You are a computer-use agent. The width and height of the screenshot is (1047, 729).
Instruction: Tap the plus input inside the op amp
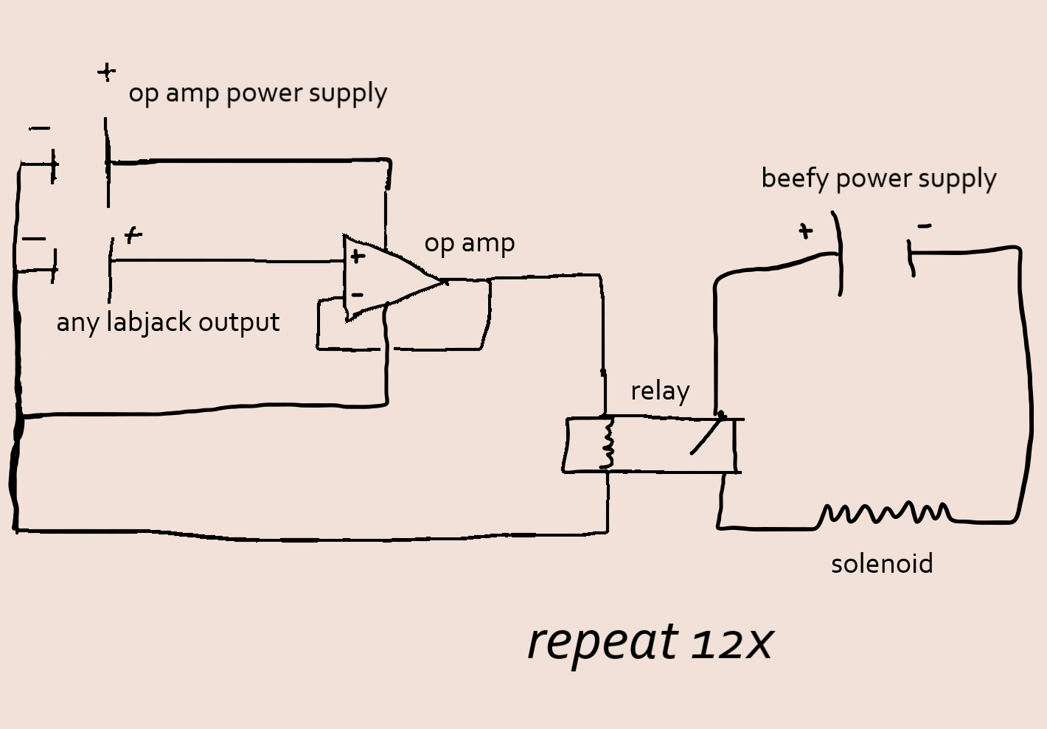tap(358, 257)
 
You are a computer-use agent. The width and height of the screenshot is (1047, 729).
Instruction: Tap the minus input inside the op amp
tap(358, 295)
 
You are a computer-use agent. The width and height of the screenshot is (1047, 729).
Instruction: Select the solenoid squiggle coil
tap(885, 512)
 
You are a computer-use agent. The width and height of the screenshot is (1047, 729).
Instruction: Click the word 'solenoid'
tap(882, 564)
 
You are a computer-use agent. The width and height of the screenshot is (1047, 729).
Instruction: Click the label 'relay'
tap(660, 391)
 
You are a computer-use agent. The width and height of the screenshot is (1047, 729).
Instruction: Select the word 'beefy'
tap(795, 179)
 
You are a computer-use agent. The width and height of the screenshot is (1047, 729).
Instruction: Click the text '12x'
tap(732, 642)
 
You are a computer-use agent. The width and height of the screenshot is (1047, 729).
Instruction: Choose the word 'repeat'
tap(602, 643)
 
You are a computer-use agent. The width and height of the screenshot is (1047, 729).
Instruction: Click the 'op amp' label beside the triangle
tap(469, 243)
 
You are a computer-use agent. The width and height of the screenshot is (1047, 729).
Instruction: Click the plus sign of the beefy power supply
tap(805, 231)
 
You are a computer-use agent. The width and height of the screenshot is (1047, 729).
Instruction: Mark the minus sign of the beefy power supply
tap(924, 226)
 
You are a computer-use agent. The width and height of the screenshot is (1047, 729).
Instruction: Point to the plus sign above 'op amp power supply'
tap(107, 71)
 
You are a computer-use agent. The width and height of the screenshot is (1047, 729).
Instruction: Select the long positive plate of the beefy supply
tap(838, 253)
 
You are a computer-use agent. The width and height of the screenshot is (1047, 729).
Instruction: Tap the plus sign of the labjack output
tap(133, 235)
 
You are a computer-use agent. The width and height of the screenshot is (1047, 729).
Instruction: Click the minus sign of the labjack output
tap(34, 239)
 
